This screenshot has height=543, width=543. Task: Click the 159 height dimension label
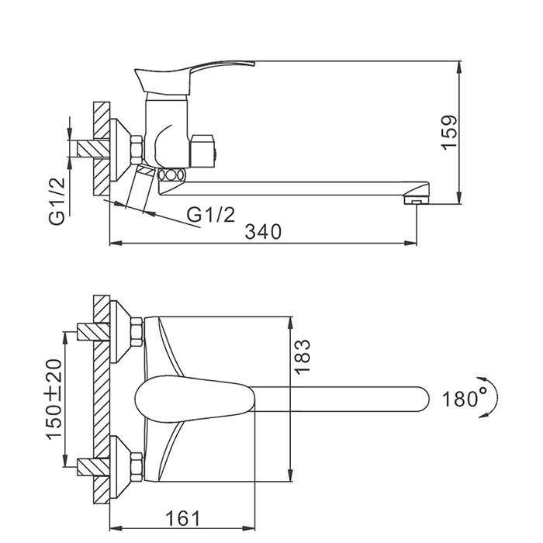(x=449, y=132)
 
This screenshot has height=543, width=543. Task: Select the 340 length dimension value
(x=263, y=231)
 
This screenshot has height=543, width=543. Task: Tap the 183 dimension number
(x=302, y=356)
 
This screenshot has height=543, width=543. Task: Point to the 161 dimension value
(x=182, y=518)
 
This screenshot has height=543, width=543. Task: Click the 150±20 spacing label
(x=55, y=399)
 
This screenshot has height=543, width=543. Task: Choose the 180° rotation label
(x=465, y=399)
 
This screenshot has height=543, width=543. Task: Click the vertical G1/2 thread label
(x=57, y=201)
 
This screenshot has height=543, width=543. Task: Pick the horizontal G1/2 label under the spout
(x=211, y=215)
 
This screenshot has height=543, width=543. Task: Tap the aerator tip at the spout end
(x=417, y=200)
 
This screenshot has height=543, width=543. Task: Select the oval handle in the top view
(x=195, y=399)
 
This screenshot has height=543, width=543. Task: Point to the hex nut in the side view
(x=137, y=150)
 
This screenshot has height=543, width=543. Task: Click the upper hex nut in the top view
(x=137, y=332)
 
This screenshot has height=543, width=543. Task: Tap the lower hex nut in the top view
(x=137, y=467)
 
